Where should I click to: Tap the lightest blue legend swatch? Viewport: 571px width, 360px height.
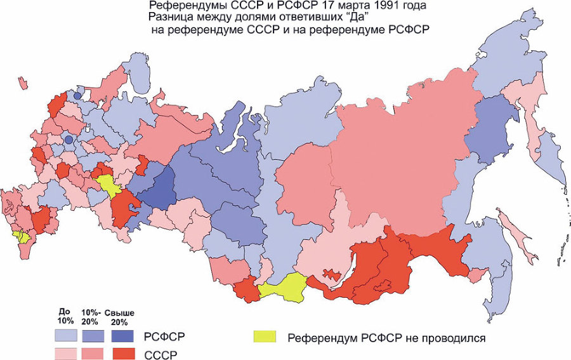[x=65, y=335]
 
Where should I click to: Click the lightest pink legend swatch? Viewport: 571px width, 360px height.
[x=65, y=353]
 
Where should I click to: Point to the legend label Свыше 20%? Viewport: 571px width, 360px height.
[x=120, y=318]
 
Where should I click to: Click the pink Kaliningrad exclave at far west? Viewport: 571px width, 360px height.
[x=23, y=83]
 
